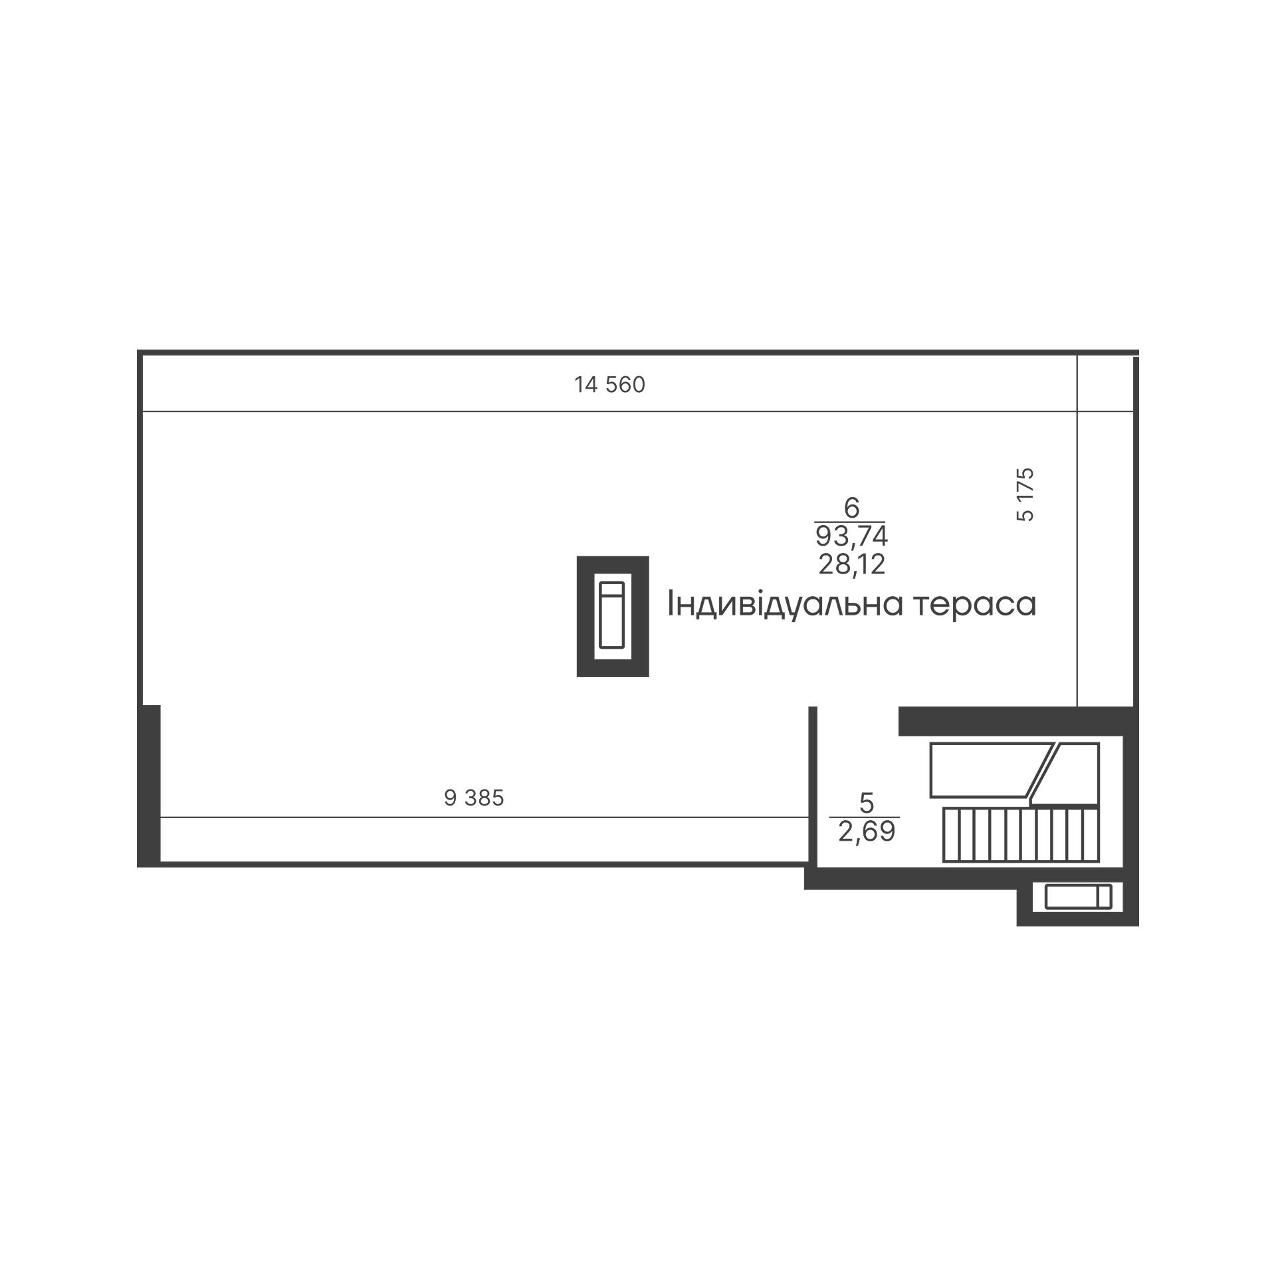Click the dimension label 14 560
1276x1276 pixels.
[609, 385]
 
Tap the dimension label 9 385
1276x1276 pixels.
[474, 798]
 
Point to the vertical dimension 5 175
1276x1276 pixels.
[1025, 494]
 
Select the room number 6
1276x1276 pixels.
[851, 508]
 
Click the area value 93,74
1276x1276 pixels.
[851, 536]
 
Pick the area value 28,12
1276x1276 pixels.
[851, 564]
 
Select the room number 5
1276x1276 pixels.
[866, 803]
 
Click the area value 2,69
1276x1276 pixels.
[867, 831]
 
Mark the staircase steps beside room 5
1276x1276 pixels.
[1021, 835]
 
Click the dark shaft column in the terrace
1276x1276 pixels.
[613, 616]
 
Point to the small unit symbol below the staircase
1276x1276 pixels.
[1078, 897]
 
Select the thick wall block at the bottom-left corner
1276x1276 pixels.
[149, 786]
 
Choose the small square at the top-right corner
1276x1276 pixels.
[1105, 383]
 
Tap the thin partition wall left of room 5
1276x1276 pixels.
[812, 786]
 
